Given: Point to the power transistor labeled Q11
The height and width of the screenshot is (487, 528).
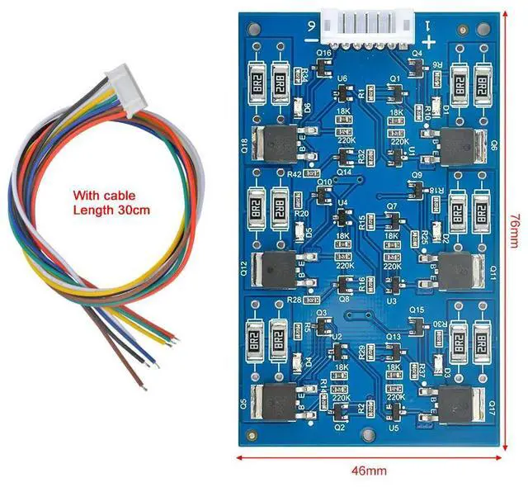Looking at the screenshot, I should (x=460, y=270).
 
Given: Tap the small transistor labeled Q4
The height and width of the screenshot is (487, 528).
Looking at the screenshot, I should (x=417, y=64).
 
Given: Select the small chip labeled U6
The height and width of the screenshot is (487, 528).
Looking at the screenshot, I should (x=341, y=90).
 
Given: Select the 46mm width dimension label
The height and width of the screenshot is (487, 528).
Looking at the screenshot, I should (x=369, y=470).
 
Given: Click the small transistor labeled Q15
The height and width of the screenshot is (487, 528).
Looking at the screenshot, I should (x=417, y=320).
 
